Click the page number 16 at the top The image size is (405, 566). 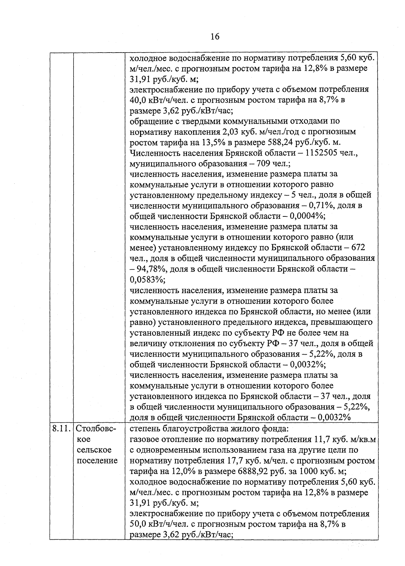(x=215, y=36)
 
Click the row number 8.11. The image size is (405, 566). (x=61, y=429)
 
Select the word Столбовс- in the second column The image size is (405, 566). (x=96, y=429)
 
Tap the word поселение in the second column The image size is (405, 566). (x=97, y=460)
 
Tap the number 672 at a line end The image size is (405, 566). (x=358, y=248)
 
